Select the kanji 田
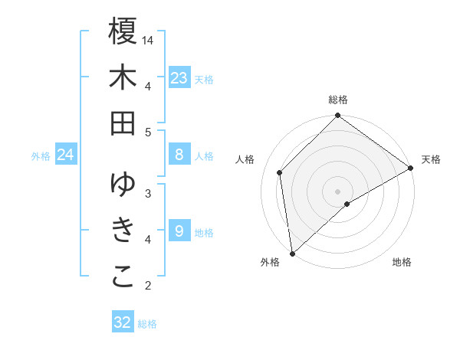123,123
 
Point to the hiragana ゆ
123,185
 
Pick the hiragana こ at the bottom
123,277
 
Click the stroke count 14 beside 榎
149,40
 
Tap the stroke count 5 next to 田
148,132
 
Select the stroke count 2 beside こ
148,286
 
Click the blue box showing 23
179,78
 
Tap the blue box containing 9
179,231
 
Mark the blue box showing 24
66,155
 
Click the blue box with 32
122,322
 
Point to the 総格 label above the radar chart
338,100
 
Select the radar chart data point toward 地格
347,204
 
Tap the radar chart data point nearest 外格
292,253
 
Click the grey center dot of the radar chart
338,191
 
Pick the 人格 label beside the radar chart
245,159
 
